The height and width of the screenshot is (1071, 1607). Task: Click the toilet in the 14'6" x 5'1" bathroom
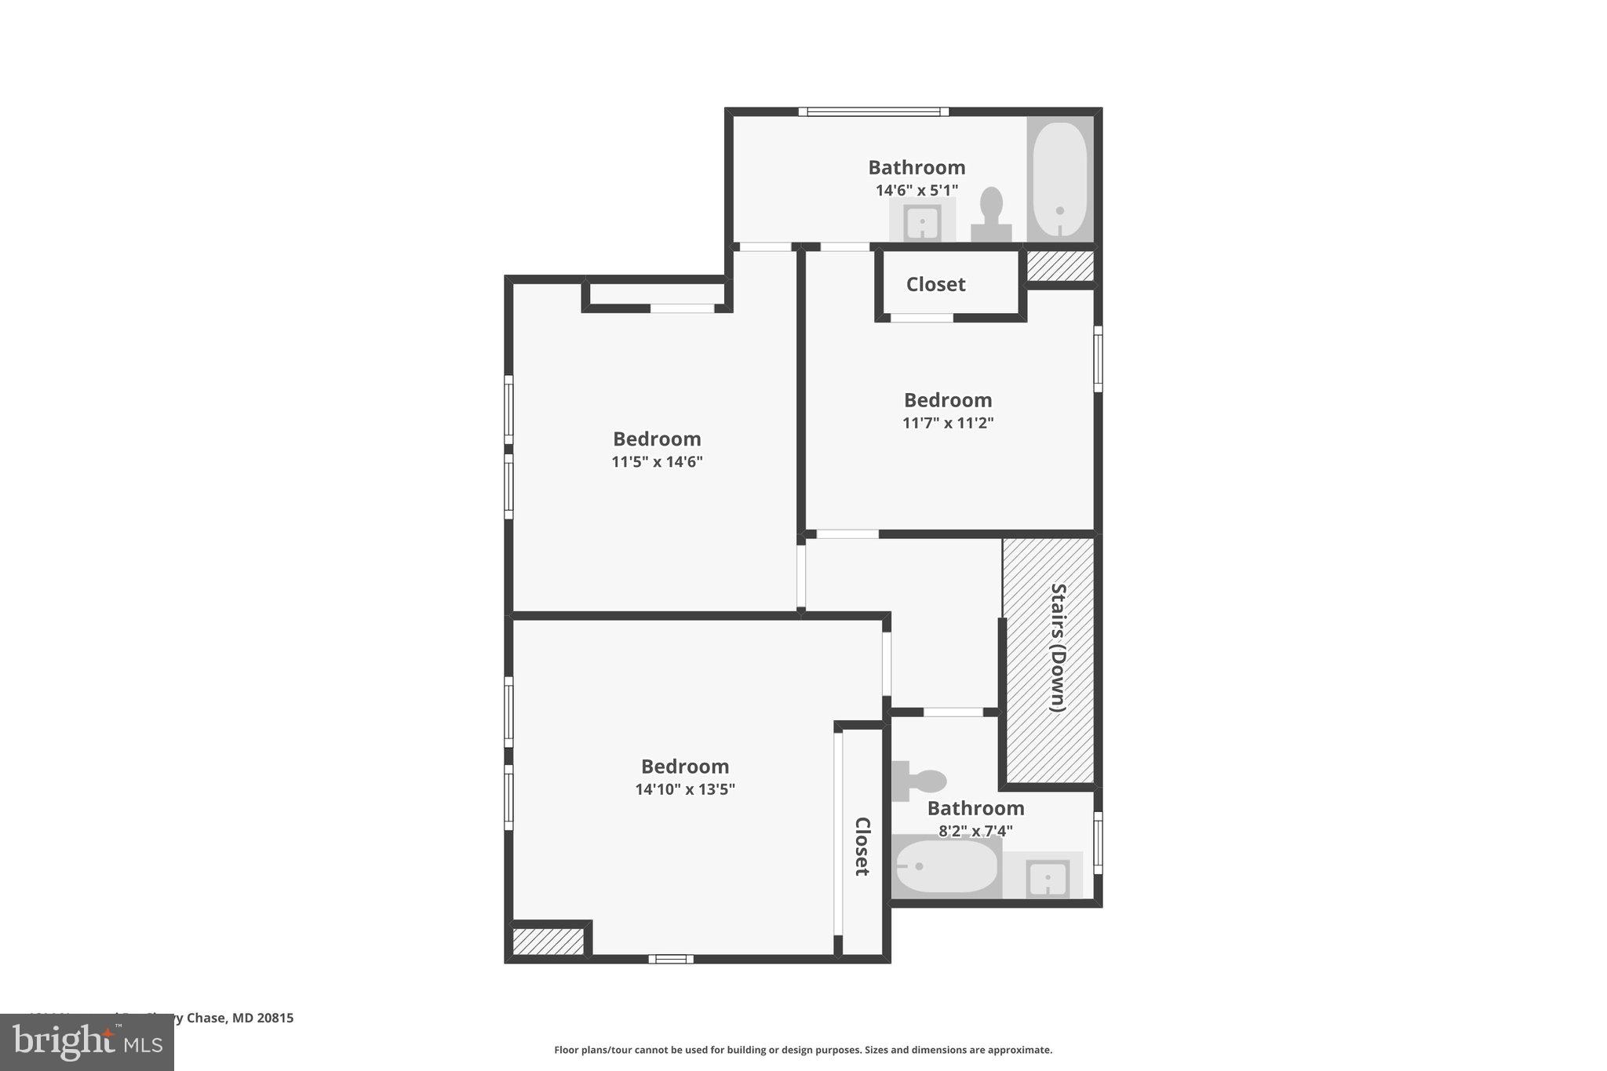[990, 213]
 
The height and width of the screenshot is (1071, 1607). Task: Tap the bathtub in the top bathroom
[1059, 180]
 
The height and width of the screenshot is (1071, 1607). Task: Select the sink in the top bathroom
[922, 222]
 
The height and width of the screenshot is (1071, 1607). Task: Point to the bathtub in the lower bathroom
[946, 866]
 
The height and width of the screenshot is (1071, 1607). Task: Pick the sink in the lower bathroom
[1048, 876]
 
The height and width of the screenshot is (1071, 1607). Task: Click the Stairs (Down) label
[1058, 647]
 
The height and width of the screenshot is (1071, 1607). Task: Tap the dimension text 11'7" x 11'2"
[948, 423]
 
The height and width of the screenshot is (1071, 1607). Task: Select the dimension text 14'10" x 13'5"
[685, 789]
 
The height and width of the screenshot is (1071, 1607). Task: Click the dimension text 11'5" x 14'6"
[657, 461]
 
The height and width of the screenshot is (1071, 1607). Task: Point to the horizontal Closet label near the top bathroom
[935, 284]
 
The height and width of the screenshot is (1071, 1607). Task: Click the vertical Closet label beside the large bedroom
[862, 846]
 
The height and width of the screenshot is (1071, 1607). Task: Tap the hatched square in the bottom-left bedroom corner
[548, 941]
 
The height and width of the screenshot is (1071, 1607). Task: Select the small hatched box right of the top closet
[1060, 266]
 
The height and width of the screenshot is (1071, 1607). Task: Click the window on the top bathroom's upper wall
[873, 111]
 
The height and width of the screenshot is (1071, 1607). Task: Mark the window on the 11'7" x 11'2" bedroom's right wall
[1098, 359]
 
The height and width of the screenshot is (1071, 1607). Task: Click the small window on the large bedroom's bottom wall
[671, 958]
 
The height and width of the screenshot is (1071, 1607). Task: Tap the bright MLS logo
[86, 1043]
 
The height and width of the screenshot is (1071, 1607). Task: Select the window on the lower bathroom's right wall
[1098, 843]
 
